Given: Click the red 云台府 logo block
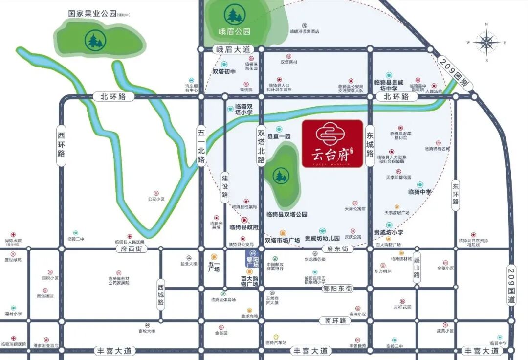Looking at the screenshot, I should coord(332,144).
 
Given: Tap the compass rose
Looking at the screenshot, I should coord(486,43).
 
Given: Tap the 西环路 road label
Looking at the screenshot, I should coord(61,143).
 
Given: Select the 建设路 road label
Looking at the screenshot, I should coord(225,186).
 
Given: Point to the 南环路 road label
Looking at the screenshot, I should coord(335,321).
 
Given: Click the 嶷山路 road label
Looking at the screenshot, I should coord(417,269).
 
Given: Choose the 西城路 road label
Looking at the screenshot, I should coord(161,293).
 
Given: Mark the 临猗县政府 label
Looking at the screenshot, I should coord(244,227).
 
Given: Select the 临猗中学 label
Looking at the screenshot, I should coord(420,192).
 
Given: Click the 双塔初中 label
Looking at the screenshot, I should coord(224,72).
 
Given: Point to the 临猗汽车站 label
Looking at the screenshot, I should coord(276,342).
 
